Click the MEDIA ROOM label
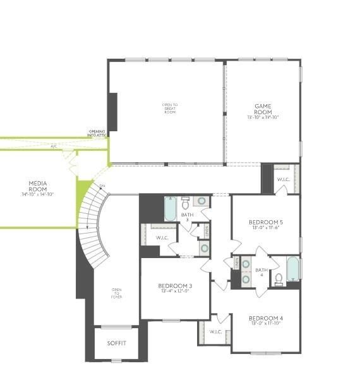pos(38,186)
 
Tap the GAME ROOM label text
pos(263,109)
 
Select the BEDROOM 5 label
pos(265,222)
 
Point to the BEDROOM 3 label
pos(175,286)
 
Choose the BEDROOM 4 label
pos(265,317)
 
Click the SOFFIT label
pos(117,343)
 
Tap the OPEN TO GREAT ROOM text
pos(170,108)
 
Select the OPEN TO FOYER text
pos(117,293)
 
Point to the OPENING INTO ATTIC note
pos(97,133)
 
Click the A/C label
pos(54,146)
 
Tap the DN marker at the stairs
pos(102,186)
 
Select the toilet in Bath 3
pos(186,203)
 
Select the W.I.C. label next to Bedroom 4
pos(216,331)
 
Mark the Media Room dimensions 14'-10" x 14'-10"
pos(38,194)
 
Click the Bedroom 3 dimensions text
pos(175,292)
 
